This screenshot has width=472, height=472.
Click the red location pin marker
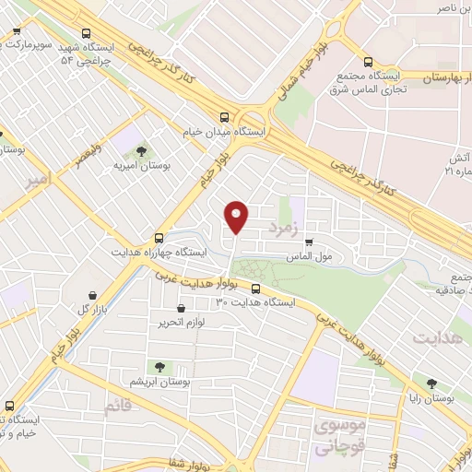(x=237, y=217)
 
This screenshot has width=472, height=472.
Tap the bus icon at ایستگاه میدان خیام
(x=224, y=116)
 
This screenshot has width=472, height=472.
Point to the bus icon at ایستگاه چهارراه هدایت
(x=159, y=236)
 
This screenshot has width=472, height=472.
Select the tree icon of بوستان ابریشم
(x=160, y=367)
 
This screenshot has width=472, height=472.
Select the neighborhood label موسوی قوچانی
(x=339, y=436)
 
